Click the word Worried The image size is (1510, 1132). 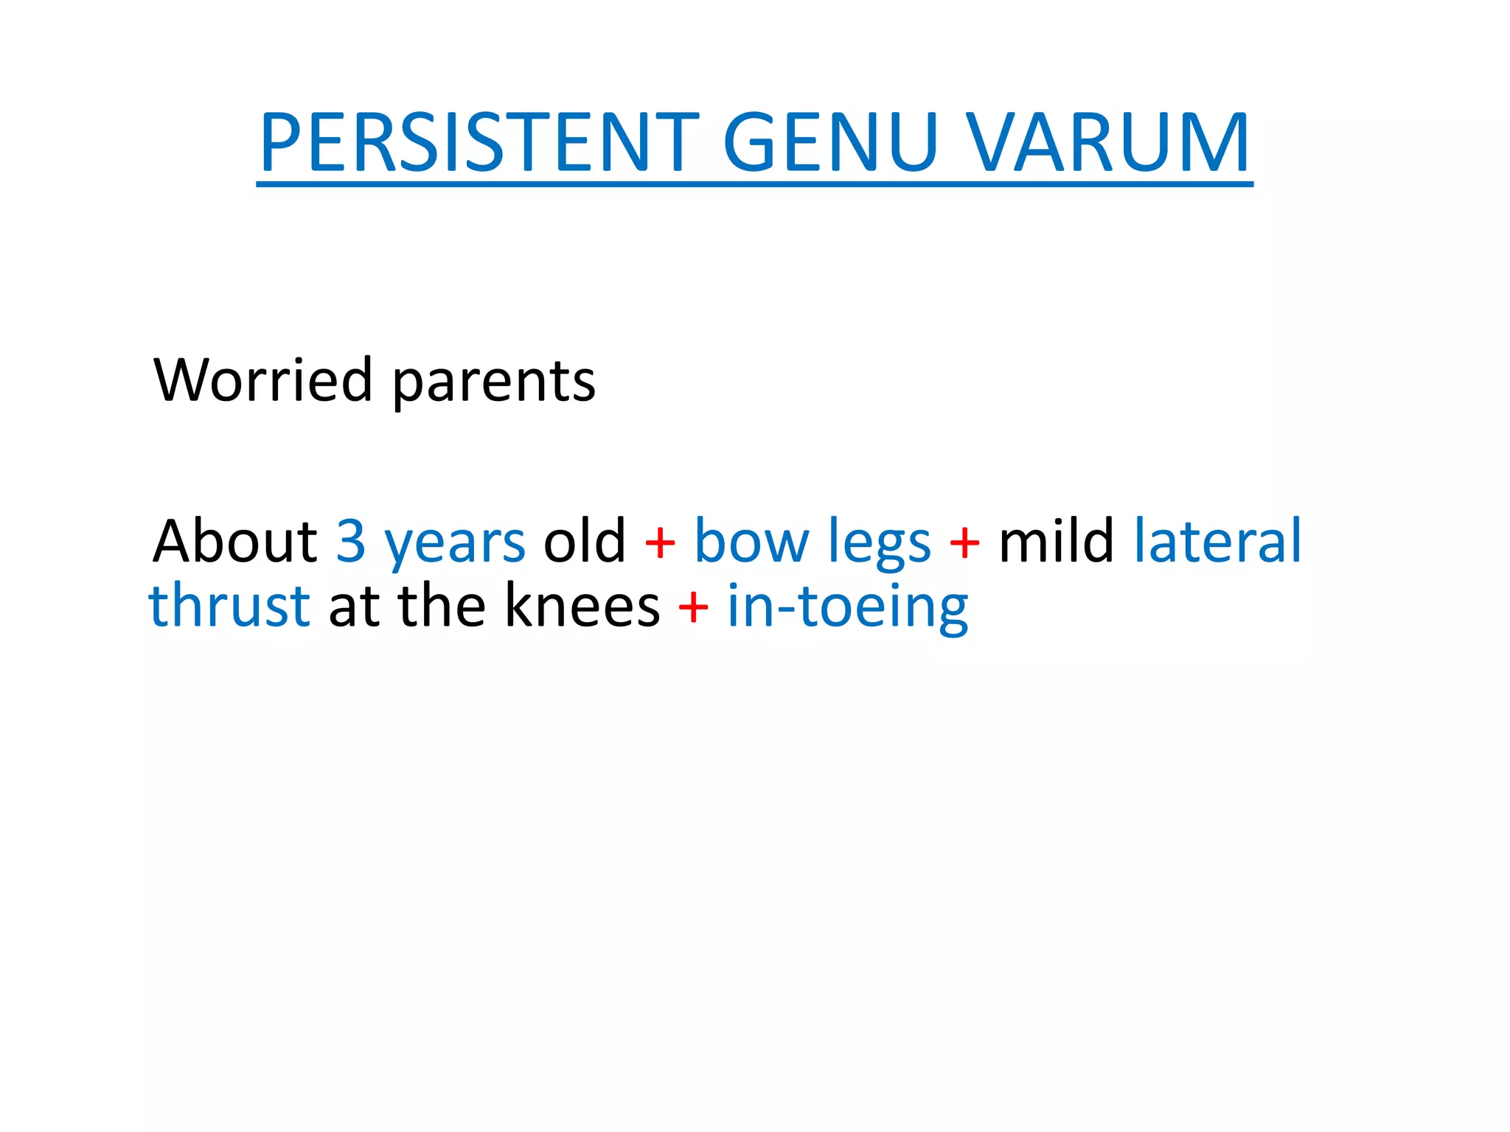tap(262, 380)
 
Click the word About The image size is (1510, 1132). tap(234, 541)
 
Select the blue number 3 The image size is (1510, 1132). tap(351, 541)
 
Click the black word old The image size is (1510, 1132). tap(584, 541)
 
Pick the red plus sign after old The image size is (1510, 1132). tap(660, 544)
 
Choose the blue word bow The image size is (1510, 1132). tap(751, 541)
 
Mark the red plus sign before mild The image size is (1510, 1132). tap(964, 544)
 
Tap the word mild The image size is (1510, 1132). tap(1056, 541)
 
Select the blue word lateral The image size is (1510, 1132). tap(1217, 541)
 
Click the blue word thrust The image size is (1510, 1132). tap(229, 606)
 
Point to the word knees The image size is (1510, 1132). tap(582, 606)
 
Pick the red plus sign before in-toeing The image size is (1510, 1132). tap(693, 609)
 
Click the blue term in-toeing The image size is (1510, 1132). tap(848, 609)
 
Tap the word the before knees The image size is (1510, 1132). tap(442, 606)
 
